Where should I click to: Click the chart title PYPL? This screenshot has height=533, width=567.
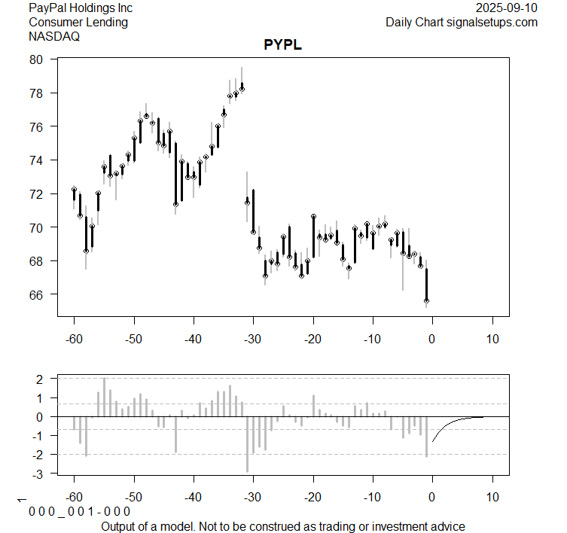tap(282, 44)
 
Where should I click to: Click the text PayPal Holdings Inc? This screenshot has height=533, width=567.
tap(81, 8)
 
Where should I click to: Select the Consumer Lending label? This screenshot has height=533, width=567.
tap(78, 22)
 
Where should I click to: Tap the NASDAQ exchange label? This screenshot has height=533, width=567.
tap(55, 35)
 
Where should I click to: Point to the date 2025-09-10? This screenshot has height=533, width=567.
tap(507, 8)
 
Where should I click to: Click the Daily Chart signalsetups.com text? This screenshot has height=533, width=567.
tap(462, 22)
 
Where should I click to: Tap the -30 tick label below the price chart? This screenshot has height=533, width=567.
tap(253, 339)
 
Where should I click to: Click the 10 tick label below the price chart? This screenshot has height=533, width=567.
tap(492, 339)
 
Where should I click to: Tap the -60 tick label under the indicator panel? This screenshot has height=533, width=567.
tap(74, 498)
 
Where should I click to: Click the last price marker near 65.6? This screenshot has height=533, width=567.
tap(426, 300)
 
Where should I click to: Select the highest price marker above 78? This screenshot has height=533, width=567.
tap(242, 88)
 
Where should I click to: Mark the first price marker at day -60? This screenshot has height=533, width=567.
tap(74, 190)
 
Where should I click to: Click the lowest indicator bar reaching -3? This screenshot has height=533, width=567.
tap(247, 452)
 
